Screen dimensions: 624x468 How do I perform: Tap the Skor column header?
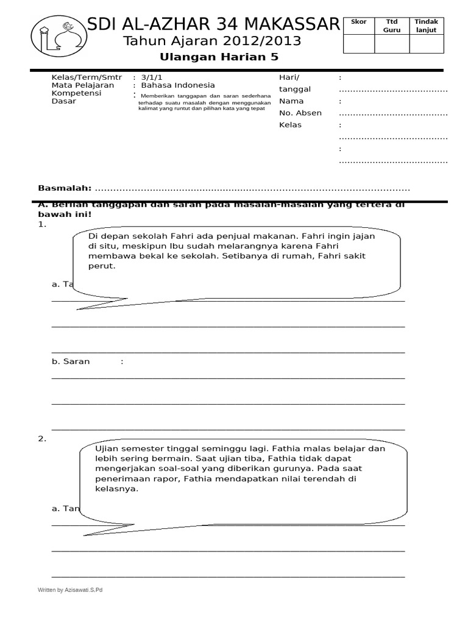coord(359,22)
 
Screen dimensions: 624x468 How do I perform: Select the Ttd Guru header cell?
coord(391,26)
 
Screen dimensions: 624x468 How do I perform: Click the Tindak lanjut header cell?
coord(427,26)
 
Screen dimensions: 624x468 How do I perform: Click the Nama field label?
coord(291,101)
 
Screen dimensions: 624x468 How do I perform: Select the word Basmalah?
coord(65,188)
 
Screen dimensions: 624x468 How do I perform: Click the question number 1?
coord(42,224)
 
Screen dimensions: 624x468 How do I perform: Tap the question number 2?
coord(42,439)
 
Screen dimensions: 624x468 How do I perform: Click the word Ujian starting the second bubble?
coord(106,448)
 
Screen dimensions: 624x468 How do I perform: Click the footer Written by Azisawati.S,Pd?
coord(70,590)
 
